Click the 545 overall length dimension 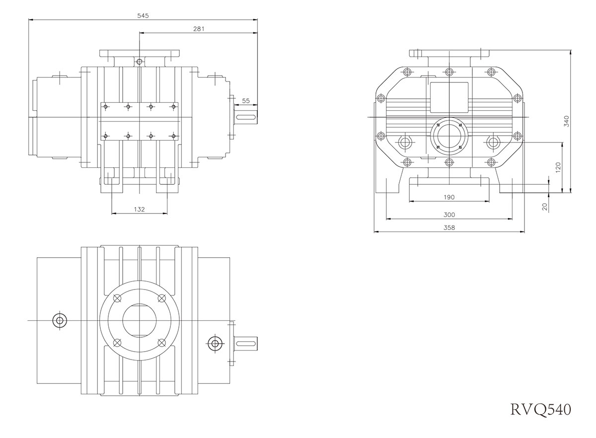pos(143,15)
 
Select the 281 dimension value pos(199,29)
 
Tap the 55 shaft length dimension pos(246,101)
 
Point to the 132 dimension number pos(140,210)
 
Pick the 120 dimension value pos(558,167)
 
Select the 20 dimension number pos(545,207)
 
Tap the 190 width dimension pos(448,197)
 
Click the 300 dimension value pos(448,215)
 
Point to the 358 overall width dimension pos(448,227)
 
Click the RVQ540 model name pos(540,409)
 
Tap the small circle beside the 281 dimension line pos(140,62)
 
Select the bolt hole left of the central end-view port pos(405,143)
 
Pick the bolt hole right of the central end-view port pos(493,143)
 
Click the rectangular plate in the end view pos(448,97)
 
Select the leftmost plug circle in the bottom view pos(60,320)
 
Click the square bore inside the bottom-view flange pos(140,320)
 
